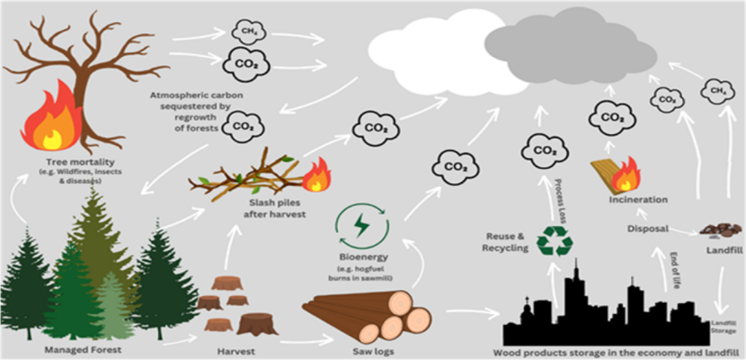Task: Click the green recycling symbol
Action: (x=554, y=240)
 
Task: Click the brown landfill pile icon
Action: (x=721, y=230)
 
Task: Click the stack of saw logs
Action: (x=368, y=316)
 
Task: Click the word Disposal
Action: (x=648, y=229)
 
